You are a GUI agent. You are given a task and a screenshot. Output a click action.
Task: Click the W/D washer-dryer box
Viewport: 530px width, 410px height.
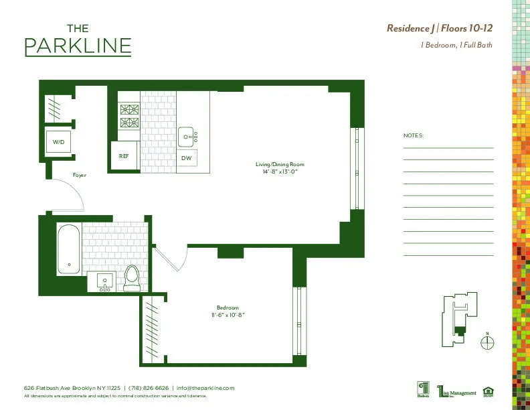(59, 142)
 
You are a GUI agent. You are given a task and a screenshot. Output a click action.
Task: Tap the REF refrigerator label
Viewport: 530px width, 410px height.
(124, 156)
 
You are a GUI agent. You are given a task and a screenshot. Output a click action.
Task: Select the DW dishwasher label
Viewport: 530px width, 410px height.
(186, 158)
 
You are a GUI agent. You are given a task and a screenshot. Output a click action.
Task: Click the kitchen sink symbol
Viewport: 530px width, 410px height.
(189, 136)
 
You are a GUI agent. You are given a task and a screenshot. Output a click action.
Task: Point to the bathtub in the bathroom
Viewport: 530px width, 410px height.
(68, 249)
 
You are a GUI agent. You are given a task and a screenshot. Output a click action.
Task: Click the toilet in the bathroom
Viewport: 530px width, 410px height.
(132, 278)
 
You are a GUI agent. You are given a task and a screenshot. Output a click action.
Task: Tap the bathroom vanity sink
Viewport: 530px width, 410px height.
(104, 282)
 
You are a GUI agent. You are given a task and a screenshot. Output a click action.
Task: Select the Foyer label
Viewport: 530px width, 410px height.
(79, 176)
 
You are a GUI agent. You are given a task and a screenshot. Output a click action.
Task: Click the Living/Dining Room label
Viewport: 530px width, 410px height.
(280, 164)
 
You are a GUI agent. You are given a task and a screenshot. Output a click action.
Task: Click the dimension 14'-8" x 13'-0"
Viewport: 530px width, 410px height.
(280, 172)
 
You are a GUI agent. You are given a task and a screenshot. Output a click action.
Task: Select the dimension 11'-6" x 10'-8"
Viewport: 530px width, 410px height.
(228, 315)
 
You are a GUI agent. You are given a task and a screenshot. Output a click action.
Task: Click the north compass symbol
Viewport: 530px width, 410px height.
(488, 342)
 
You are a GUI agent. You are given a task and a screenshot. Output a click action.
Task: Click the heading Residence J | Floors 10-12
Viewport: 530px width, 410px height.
(440, 28)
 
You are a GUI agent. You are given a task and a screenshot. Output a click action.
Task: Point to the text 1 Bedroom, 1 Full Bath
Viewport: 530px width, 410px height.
(456, 46)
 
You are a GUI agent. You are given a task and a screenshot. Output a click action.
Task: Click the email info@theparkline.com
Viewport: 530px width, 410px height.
(205, 388)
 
